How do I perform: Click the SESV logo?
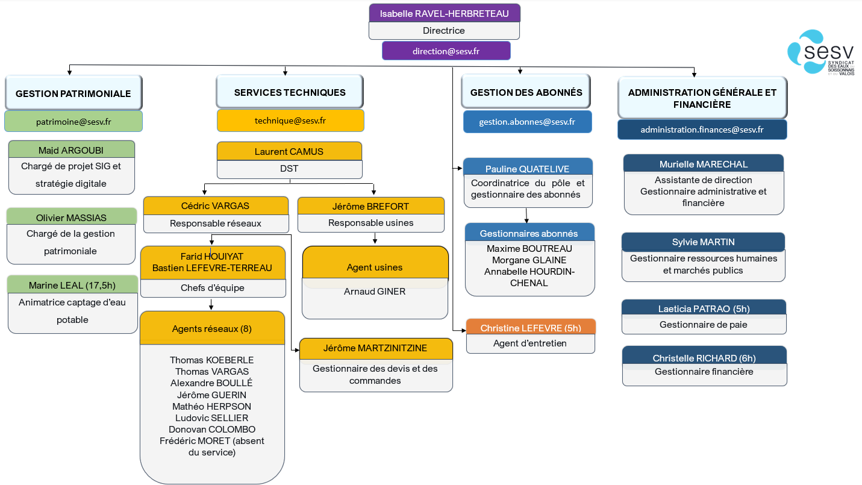click(820, 52)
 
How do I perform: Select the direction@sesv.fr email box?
click(446, 51)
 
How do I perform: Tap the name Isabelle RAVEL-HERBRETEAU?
click(444, 13)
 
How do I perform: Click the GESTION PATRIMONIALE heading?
click(73, 93)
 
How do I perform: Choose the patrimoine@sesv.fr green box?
click(73, 122)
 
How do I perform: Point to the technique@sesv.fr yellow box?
click(290, 120)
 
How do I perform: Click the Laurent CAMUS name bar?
click(289, 151)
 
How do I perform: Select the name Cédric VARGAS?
click(215, 206)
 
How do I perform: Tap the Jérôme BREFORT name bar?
click(370, 206)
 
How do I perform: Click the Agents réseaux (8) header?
click(212, 328)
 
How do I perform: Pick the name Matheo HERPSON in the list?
click(211, 407)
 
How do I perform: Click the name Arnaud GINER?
click(375, 292)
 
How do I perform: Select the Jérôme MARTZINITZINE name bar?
click(376, 348)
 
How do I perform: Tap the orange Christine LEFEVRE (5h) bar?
click(531, 327)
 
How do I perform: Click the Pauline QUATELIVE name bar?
click(528, 167)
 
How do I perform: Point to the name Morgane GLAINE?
click(529, 260)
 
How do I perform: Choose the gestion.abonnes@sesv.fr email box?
click(527, 122)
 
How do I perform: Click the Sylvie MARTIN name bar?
click(703, 242)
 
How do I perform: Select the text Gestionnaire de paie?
click(703, 325)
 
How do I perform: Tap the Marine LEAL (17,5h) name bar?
click(72, 285)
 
